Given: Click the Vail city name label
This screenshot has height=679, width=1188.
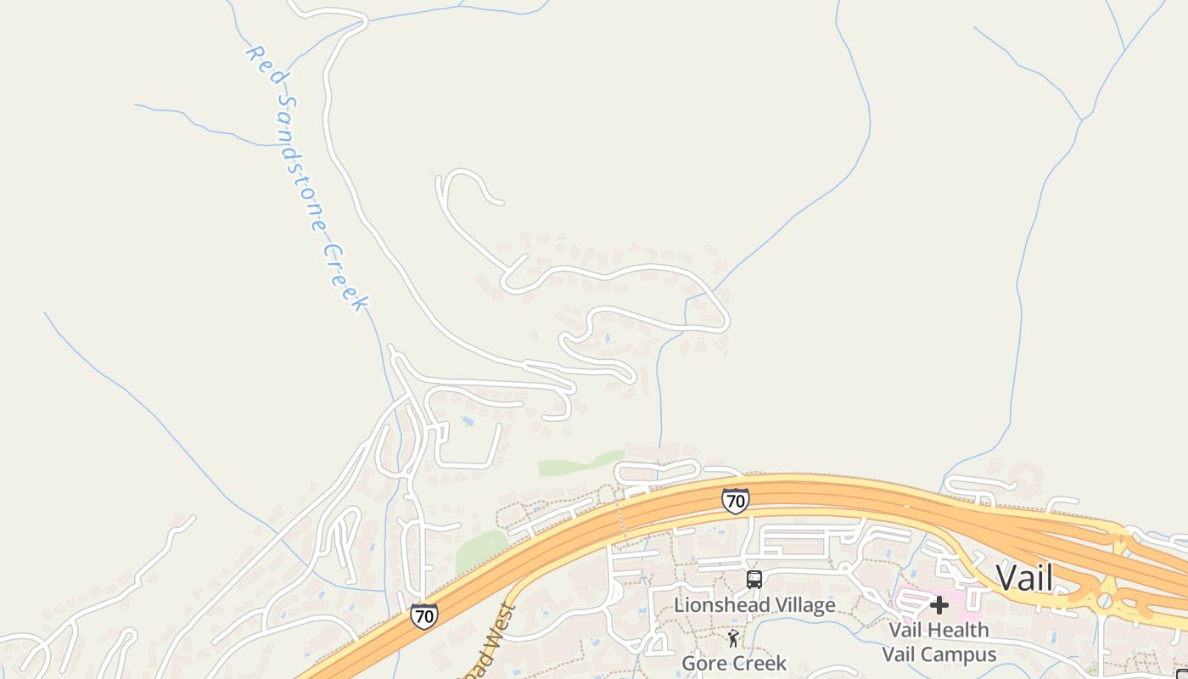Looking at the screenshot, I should click(x=1024, y=578).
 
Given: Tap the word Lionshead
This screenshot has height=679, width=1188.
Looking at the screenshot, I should click(x=714, y=605).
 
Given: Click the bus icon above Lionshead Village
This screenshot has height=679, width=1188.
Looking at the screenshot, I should click(x=754, y=580).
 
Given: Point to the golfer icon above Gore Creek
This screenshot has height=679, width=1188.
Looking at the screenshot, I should click(x=733, y=638).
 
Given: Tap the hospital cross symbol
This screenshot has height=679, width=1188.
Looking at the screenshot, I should click(x=939, y=605).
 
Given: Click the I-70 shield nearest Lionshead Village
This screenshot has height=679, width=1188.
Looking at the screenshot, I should click(x=735, y=501).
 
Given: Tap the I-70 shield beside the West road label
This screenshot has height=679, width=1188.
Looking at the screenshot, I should click(x=424, y=616).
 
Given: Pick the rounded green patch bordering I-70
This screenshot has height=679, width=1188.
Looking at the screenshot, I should click(x=479, y=552).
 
